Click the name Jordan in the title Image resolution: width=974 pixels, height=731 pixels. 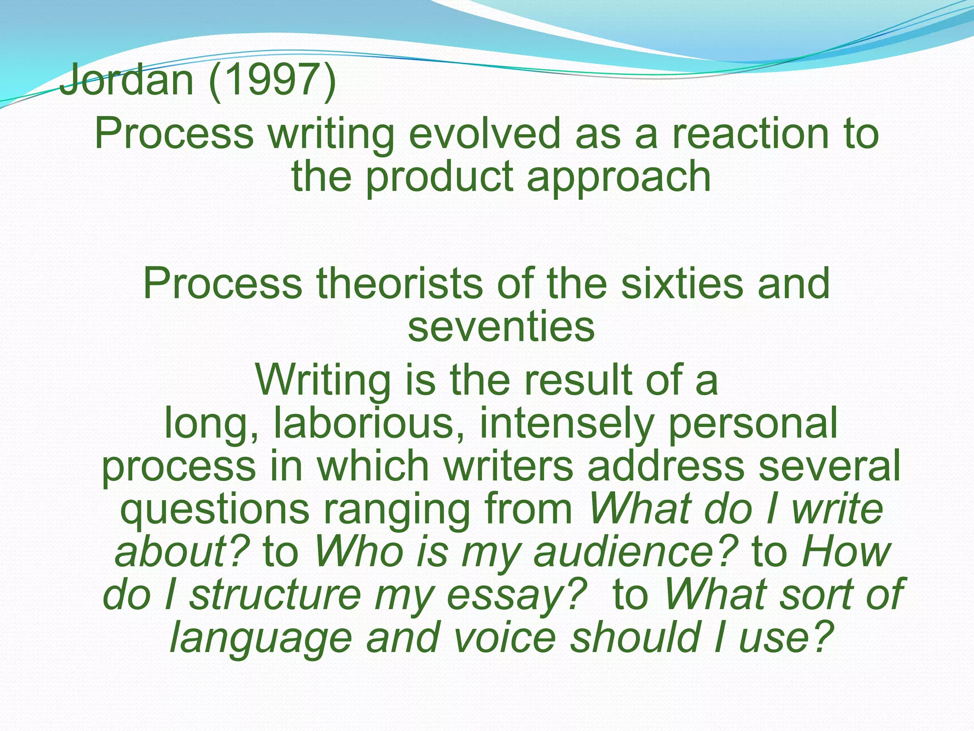127,79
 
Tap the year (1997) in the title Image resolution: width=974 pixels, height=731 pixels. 273,79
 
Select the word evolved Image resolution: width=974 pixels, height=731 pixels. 485,134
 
